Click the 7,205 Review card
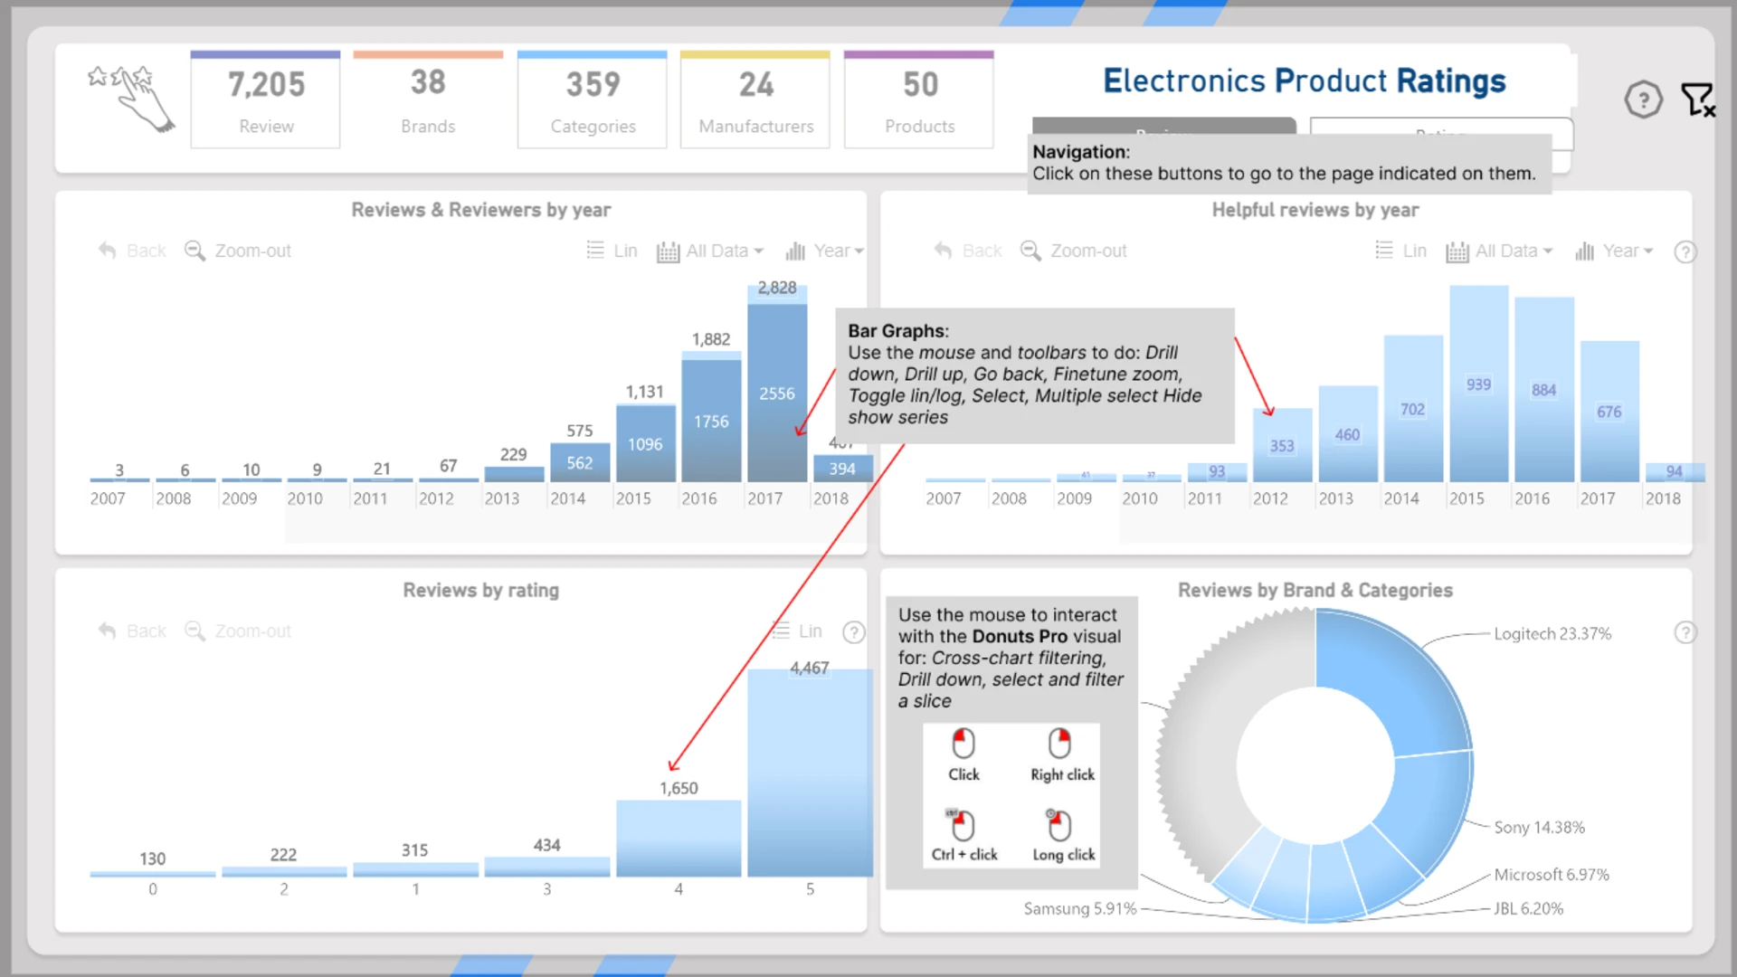[265, 100]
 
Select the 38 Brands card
[428, 100]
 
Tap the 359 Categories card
[593, 100]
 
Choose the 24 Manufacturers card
[755, 100]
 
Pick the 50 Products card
[919, 100]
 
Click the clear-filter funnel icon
[1697, 100]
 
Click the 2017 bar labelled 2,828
[777, 389]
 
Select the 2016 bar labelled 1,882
[711, 421]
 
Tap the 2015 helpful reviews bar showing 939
[1479, 384]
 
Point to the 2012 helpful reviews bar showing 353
[1282, 445]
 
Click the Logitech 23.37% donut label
[1552, 634]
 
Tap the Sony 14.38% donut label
[1539, 828]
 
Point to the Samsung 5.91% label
[1079, 908]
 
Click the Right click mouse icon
[1060, 745]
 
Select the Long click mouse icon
[1060, 825]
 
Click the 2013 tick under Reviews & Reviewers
[502, 498]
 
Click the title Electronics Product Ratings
[1304, 81]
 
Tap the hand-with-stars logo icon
[132, 98]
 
